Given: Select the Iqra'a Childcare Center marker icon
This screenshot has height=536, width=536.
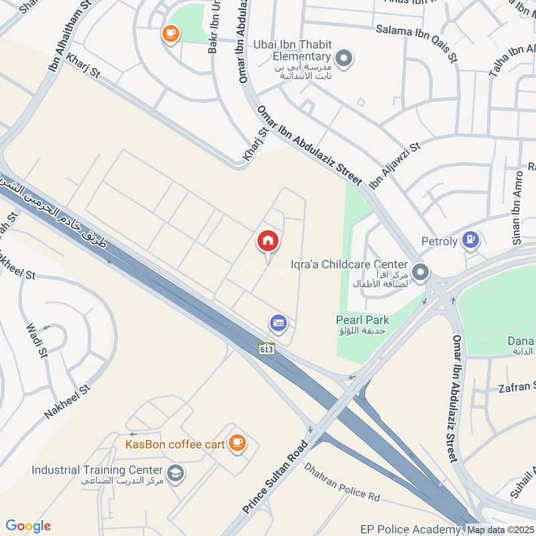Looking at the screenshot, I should (x=421, y=272).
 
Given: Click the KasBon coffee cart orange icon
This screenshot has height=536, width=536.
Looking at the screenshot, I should (x=237, y=442).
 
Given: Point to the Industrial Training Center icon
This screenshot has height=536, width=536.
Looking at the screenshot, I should (x=176, y=473).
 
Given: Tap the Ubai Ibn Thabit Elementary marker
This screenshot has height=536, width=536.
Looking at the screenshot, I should (x=344, y=60).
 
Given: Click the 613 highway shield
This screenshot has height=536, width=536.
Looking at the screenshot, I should (x=267, y=349).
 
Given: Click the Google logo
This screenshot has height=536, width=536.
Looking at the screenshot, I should (x=28, y=526).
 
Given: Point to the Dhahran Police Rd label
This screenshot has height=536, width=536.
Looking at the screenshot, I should (x=342, y=482).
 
